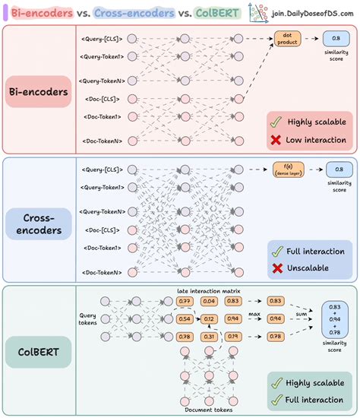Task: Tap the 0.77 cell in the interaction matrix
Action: [x=184, y=301]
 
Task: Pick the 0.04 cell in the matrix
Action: [x=208, y=301]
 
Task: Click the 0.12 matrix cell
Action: [x=208, y=318]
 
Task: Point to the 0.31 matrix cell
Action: [x=208, y=336]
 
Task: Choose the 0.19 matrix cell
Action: [x=233, y=336]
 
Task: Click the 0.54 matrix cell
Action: [x=184, y=318]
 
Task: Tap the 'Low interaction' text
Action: [x=317, y=138]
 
